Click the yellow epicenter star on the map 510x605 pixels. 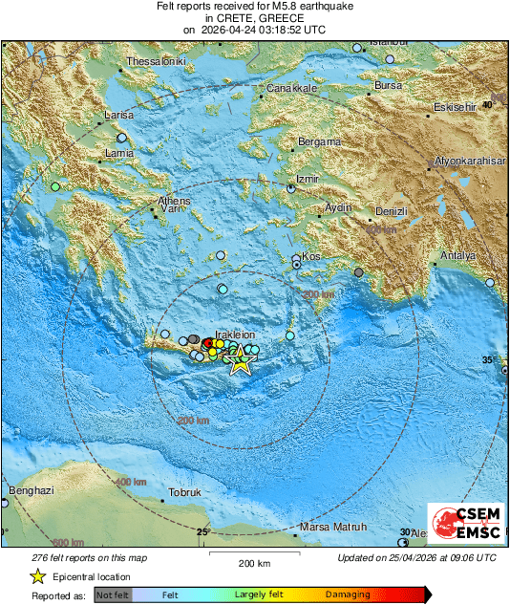pos(241,363)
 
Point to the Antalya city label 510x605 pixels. pos(456,255)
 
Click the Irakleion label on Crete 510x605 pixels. pos(235,335)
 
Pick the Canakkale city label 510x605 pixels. pos(291,88)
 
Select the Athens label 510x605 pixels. pos(175,201)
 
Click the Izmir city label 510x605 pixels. pos(307,179)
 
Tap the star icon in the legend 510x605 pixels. pos(37,576)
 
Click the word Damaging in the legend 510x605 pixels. pos(347,594)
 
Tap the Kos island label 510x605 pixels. pos(311,256)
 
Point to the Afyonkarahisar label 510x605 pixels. pos(468,162)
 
